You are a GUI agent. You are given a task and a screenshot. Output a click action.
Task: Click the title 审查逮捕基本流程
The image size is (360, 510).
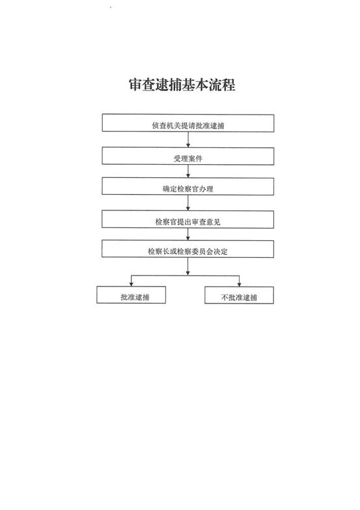pyautogui.click(x=182, y=85)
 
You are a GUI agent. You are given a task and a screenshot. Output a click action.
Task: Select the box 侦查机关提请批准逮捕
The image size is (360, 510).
pyautogui.click(x=188, y=123)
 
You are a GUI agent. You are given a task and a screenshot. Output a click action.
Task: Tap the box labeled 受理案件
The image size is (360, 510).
pyautogui.click(x=188, y=156)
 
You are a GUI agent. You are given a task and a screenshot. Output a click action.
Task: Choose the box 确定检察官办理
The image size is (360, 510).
pyautogui.click(x=188, y=186)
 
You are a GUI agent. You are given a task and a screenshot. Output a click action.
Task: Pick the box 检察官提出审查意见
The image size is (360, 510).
pyautogui.click(x=187, y=219)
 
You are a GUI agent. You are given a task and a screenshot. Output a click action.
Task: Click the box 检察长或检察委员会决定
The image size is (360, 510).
pyautogui.click(x=187, y=249)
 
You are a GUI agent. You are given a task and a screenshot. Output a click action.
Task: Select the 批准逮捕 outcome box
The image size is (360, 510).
pyautogui.click(x=131, y=294)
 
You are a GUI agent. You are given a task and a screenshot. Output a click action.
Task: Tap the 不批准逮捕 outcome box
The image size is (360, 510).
pyautogui.click(x=239, y=295)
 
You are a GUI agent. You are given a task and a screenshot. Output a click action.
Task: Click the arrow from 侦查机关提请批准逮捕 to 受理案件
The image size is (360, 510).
pyautogui.click(x=188, y=139)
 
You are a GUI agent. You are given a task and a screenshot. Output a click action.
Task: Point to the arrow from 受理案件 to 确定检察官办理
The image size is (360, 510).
pyautogui.click(x=188, y=171)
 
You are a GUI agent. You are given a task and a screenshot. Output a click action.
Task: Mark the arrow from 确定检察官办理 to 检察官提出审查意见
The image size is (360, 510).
pyautogui.click(x=188, y=203)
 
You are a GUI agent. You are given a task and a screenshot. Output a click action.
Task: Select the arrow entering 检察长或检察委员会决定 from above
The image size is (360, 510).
pyautogui.click(x=188, y=234)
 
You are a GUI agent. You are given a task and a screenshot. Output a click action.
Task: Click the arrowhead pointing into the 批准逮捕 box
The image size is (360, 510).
pyautogui.click(x=131, y=284)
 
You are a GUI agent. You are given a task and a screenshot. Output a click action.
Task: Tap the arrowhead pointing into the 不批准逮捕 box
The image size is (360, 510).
pyautogui.click(x=239, y=284)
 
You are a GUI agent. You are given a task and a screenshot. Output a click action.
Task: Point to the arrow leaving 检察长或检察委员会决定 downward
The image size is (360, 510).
pyautogui.click(x=188, y=266)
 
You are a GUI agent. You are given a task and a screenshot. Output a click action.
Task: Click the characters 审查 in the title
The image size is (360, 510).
pyautogui.click(x=141, y=85)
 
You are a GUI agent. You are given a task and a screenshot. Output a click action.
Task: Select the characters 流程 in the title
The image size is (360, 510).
pyautogui.click(x=222, y=85)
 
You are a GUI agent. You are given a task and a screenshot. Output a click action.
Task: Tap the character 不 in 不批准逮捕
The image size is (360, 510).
pyautogui.click(x=225, y=297)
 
